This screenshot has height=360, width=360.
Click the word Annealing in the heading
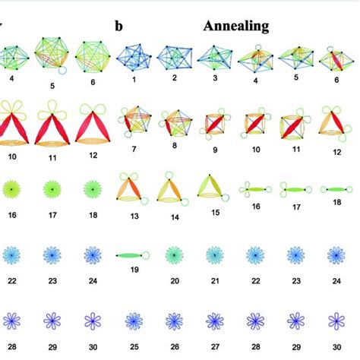click(236, 27)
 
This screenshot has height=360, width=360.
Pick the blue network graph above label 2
click(174, 57)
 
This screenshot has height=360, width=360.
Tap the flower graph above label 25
click(134, 320)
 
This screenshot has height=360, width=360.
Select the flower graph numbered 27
click(214, 320)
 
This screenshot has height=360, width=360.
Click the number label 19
click(134, 279)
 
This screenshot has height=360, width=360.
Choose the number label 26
click(174, 347)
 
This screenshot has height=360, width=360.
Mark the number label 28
click(255, 347)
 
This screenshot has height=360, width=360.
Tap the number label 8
click(174, 144)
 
